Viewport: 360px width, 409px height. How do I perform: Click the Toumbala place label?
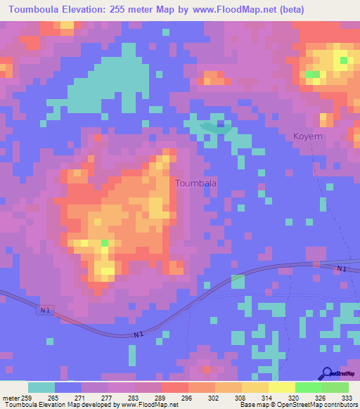(195, 183)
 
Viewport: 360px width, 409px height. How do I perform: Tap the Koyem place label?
(308, 137)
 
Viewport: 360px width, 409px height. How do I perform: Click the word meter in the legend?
(11, 397)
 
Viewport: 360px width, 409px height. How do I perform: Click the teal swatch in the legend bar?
(41, 387)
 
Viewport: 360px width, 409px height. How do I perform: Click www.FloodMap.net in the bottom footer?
(148, 405)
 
